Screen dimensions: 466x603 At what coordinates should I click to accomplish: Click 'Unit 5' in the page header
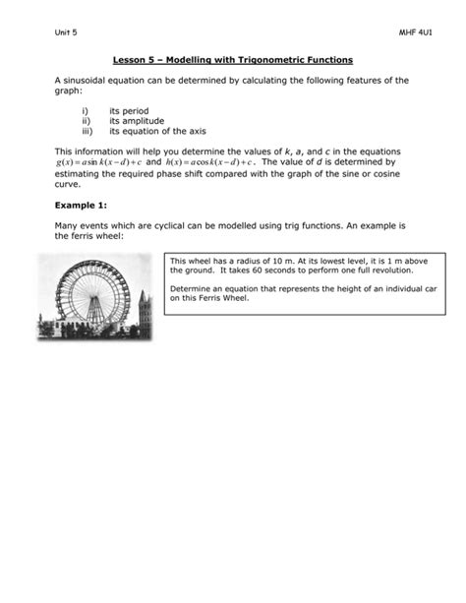[x=64, y=32]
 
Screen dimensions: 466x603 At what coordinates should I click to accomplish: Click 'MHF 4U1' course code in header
[x=405, y=32]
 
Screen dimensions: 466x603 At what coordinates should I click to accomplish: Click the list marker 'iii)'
[x=87, y=129]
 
